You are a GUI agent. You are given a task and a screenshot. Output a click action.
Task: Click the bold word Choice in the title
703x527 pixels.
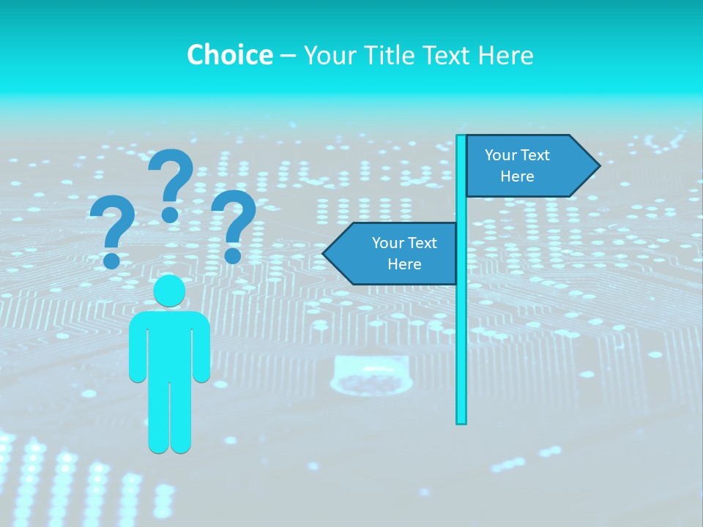click(229, 55)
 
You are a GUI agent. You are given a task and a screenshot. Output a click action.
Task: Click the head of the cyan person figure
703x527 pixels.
click(169, 291)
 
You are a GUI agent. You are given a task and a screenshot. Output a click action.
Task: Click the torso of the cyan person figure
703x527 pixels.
click(169, 344)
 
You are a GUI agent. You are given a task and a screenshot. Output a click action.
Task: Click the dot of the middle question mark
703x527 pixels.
click(170, 214)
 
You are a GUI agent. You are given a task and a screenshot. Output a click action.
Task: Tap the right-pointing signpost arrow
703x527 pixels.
click(527, 166)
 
